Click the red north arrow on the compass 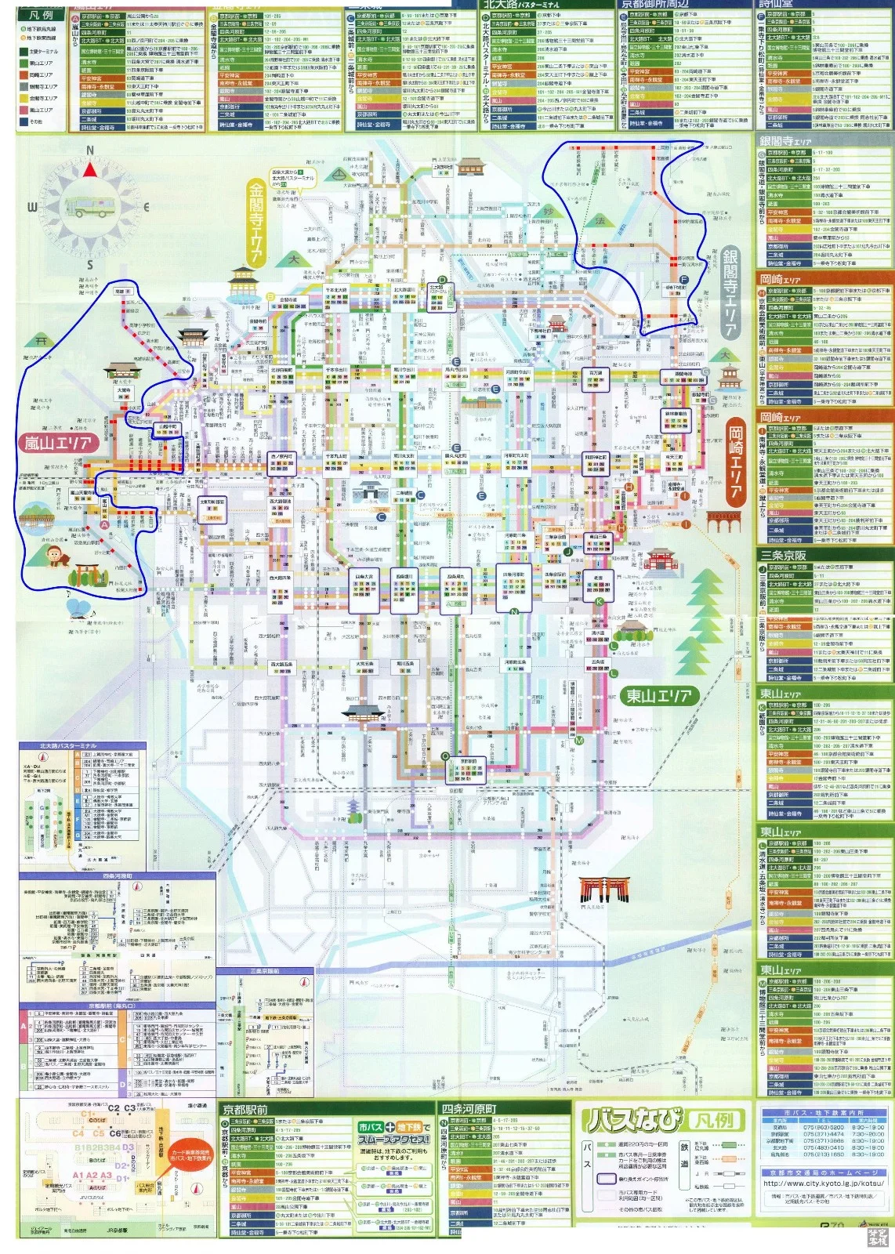[x=90, y=169]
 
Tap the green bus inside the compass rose [x=89, y=207]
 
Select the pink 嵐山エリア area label [x=58, y=443]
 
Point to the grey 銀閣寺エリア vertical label [x=730, y=293]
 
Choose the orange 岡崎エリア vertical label [x=735, y=464]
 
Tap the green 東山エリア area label [x=658, y=695]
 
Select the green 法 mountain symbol [x=600, y=221]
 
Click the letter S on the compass [x=89, y=265]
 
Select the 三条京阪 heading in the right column [x=784, y=555]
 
